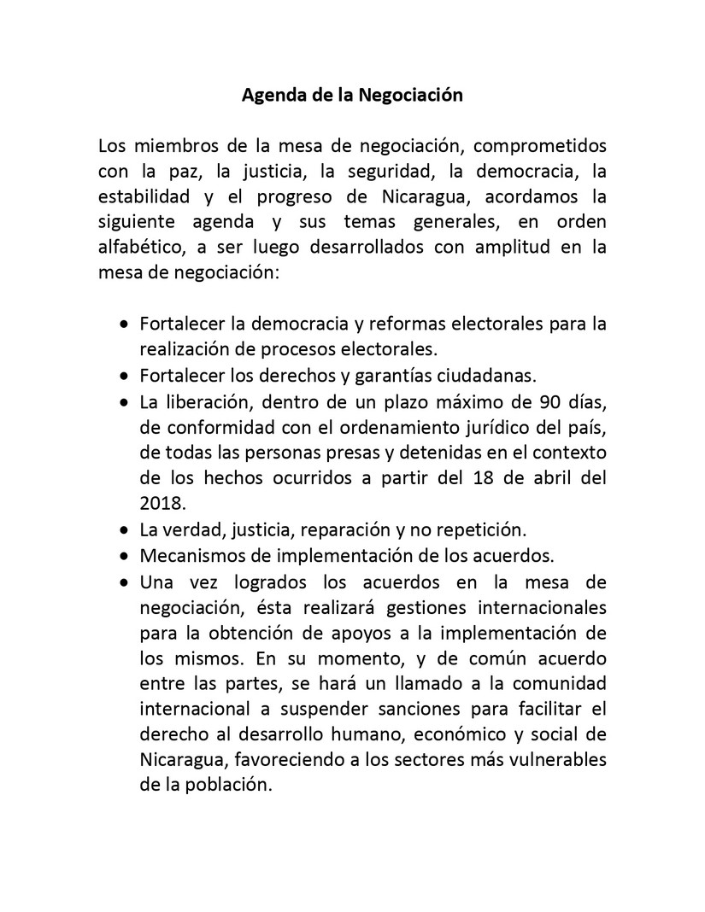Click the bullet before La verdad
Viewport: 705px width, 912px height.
click(x=126, y=529)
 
